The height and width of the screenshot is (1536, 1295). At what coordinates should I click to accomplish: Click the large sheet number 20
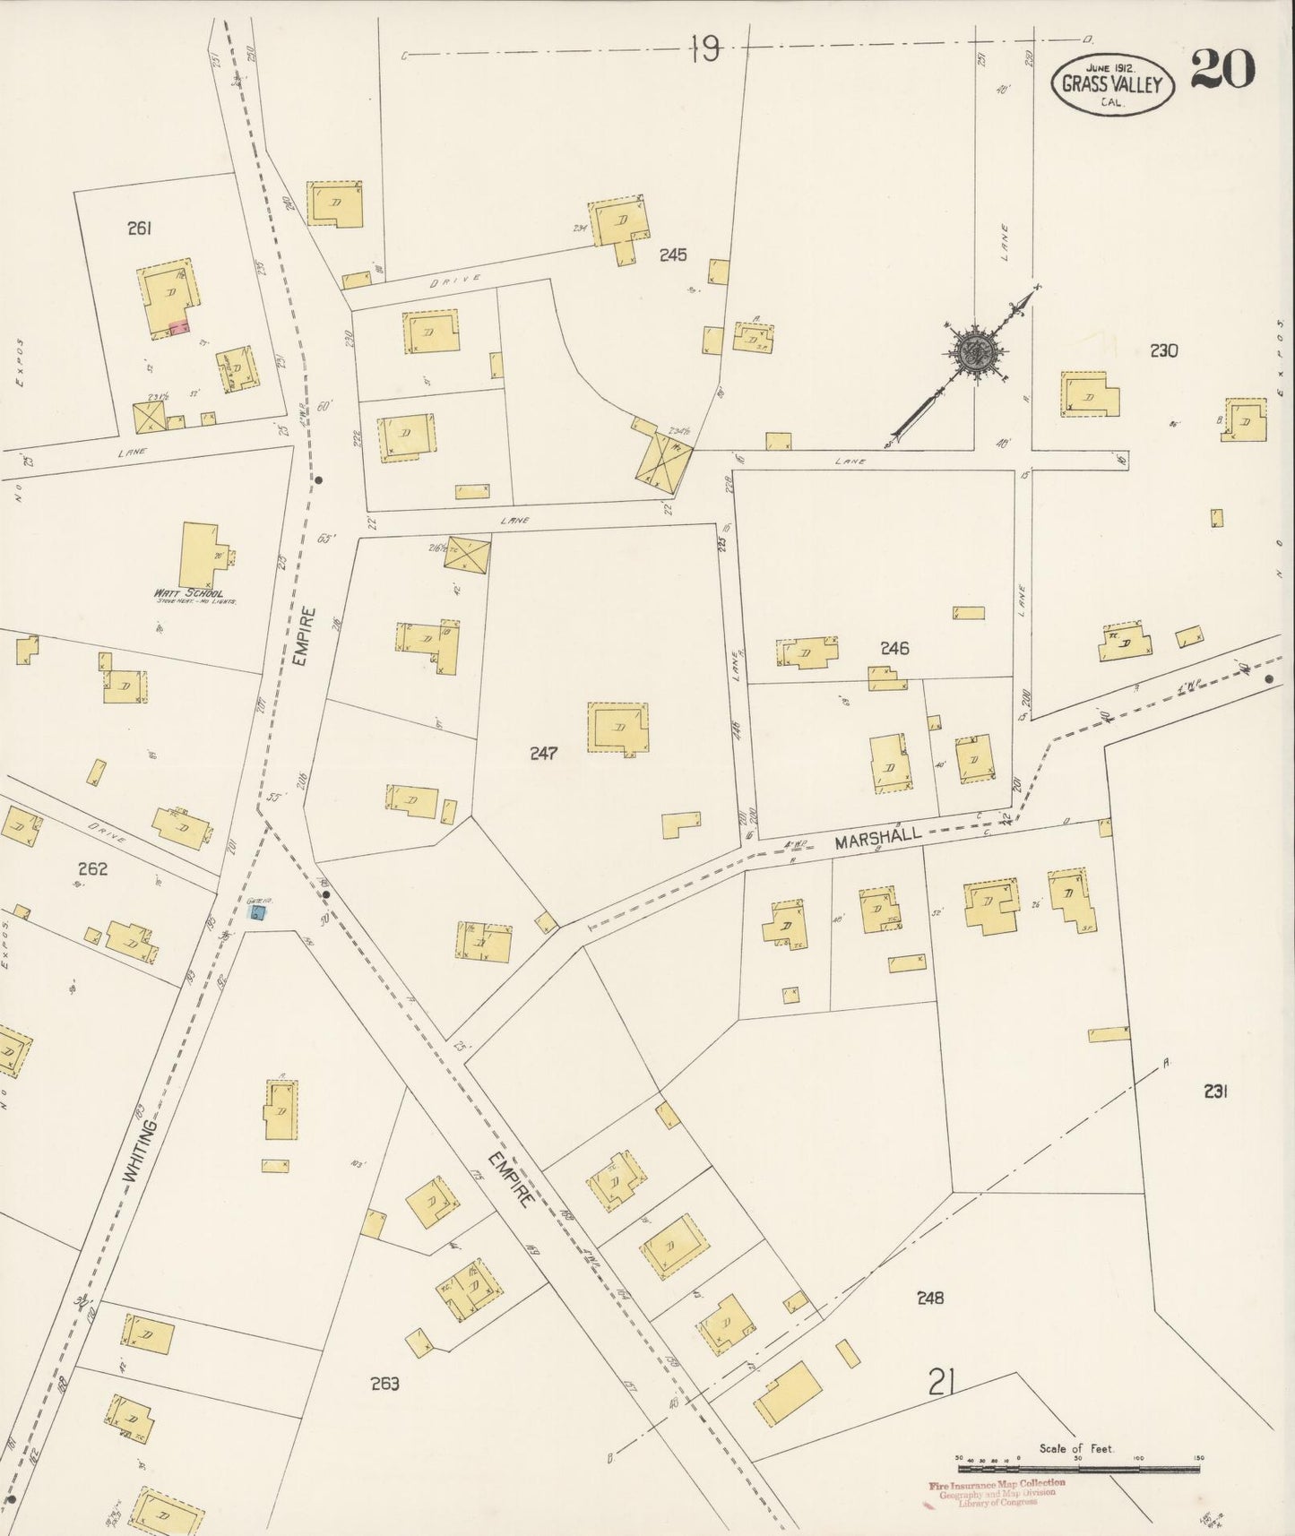(1222, 70)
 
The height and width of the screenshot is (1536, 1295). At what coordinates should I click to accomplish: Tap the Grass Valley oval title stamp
(1112, 84)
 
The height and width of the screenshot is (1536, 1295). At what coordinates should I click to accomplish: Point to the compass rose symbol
(970, 351)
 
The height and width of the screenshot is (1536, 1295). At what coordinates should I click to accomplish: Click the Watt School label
(190, 593)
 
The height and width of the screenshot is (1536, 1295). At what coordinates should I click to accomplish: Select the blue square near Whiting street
(257, 913)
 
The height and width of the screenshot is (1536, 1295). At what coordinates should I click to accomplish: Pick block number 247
(543, 753)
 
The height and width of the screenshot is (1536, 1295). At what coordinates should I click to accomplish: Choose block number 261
(139, 229)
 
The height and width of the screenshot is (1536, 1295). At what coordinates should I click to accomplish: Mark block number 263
(384, 1383)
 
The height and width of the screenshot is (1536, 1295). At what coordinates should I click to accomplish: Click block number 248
(930, 1297)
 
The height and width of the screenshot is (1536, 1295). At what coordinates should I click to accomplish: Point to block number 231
(1215, 1091)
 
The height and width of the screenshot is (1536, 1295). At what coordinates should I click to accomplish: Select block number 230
(1163, 350)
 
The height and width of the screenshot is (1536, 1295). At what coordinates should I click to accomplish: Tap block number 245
(672, 255)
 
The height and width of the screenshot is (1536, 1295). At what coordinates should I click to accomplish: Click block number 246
(894, 648)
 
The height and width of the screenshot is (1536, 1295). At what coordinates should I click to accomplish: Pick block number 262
(92, 868)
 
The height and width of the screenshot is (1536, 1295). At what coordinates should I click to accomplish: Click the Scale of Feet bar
(1078, 1469)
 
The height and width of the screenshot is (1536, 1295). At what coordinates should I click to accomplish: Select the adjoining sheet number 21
(940, 1384)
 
